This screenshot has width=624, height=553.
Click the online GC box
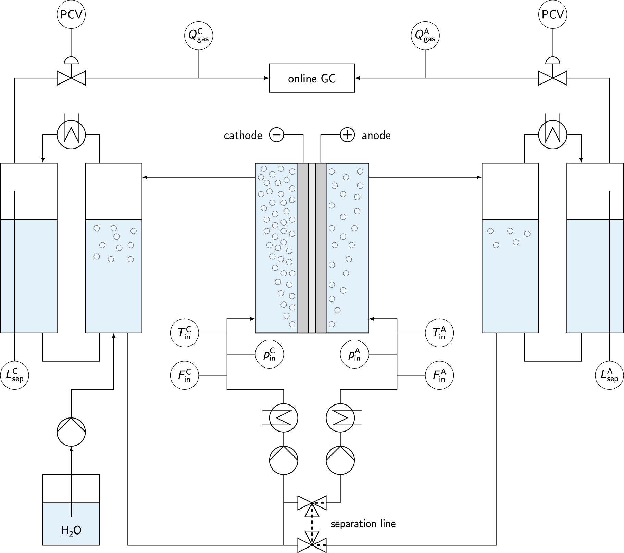click(x=312, y=78)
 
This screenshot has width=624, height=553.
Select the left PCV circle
click(x=71, y=14)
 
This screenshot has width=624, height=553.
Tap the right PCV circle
click(x=552, y=14)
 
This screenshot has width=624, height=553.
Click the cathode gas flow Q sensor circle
click(x=199, y=36)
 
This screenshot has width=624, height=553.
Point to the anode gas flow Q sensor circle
click(x=425, y=36)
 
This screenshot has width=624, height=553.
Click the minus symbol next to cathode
click(x=276, y=135)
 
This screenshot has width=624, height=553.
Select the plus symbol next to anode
click(x=347, y=135)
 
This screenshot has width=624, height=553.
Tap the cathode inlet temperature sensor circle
click(x=185, y=333)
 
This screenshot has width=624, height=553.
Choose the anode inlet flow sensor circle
click(x=439, y=376)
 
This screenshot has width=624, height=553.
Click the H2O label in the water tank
click(x=71, y=530)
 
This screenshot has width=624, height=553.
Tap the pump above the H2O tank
click(x=71, y=432)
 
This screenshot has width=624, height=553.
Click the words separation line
click(x=363, y=524)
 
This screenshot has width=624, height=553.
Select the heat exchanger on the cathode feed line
click(x=284, y=417)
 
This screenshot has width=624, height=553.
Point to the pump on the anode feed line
click(x=340, y=460)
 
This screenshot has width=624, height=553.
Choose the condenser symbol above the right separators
click(x=552, y=135)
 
